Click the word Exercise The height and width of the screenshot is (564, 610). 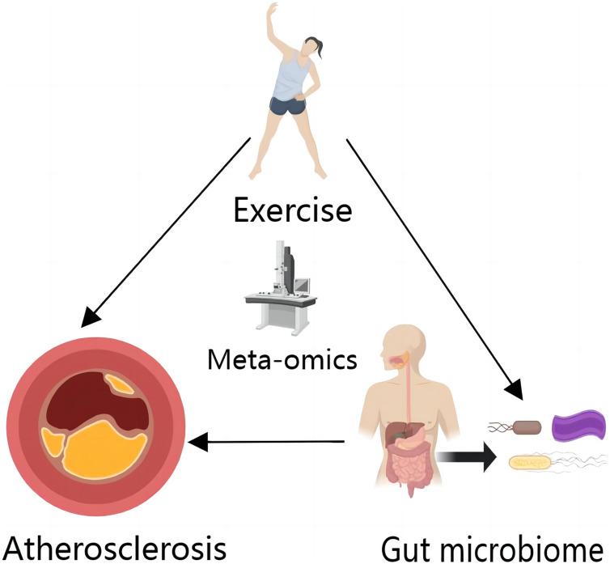point(293,212)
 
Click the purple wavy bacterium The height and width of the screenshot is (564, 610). point(578,426)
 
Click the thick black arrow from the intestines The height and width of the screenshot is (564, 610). point(466,456)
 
